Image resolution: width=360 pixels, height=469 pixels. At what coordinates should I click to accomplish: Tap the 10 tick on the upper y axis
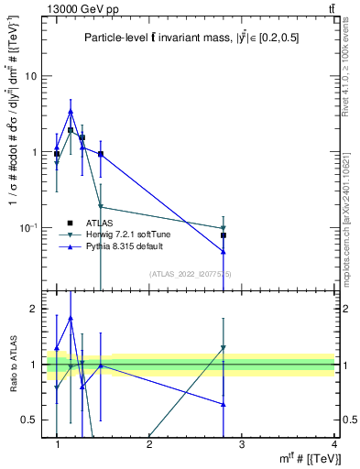pos(31,76)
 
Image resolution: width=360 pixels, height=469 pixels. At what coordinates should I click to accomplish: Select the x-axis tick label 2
pos(149,444)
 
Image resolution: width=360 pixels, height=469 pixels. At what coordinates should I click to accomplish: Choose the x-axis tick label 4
pos(334,444)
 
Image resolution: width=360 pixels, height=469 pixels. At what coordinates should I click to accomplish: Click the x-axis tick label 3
pos(242,444)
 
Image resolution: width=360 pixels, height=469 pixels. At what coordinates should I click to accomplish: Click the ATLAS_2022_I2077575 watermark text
pos(191,274)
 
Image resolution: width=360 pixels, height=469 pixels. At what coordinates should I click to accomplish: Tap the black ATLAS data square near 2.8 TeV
pos(224,235)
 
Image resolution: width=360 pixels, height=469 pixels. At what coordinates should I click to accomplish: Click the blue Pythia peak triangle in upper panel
pos(71,112)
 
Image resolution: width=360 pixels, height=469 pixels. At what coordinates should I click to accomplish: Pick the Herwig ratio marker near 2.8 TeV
pos(224,348)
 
